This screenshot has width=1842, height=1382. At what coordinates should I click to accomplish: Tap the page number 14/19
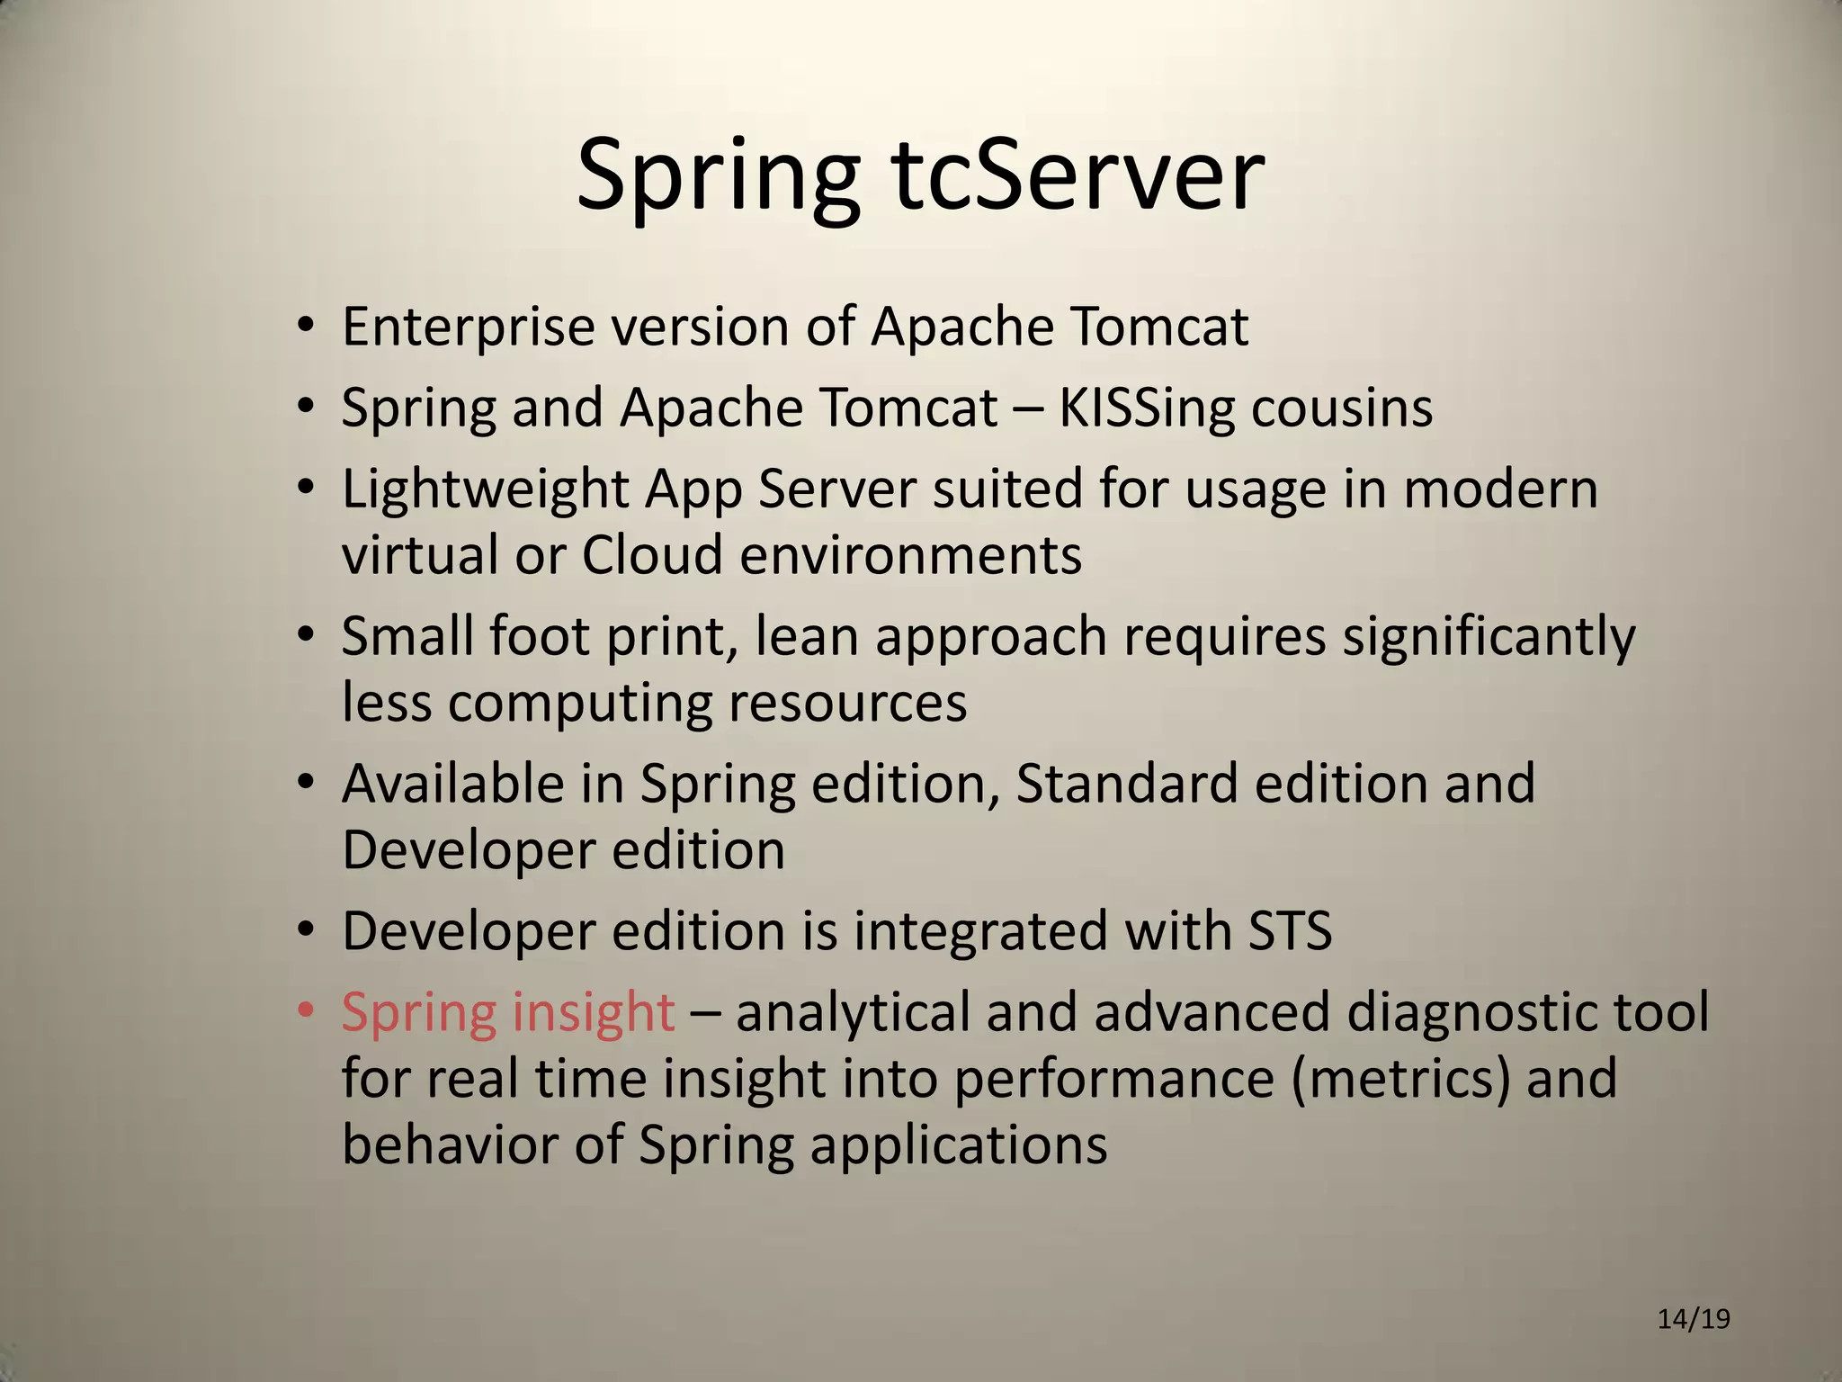point(1694,1319)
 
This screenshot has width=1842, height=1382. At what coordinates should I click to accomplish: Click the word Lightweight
point(485,491)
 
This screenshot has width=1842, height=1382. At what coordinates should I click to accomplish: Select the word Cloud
point(651,555)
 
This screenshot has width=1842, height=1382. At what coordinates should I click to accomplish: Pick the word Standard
point(1126,784)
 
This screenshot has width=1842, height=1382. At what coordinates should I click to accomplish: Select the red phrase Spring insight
point(507,1013)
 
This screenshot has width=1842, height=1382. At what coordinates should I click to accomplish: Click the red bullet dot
point(306,1011)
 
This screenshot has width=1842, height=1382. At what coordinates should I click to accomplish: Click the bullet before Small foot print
point(306,636)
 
